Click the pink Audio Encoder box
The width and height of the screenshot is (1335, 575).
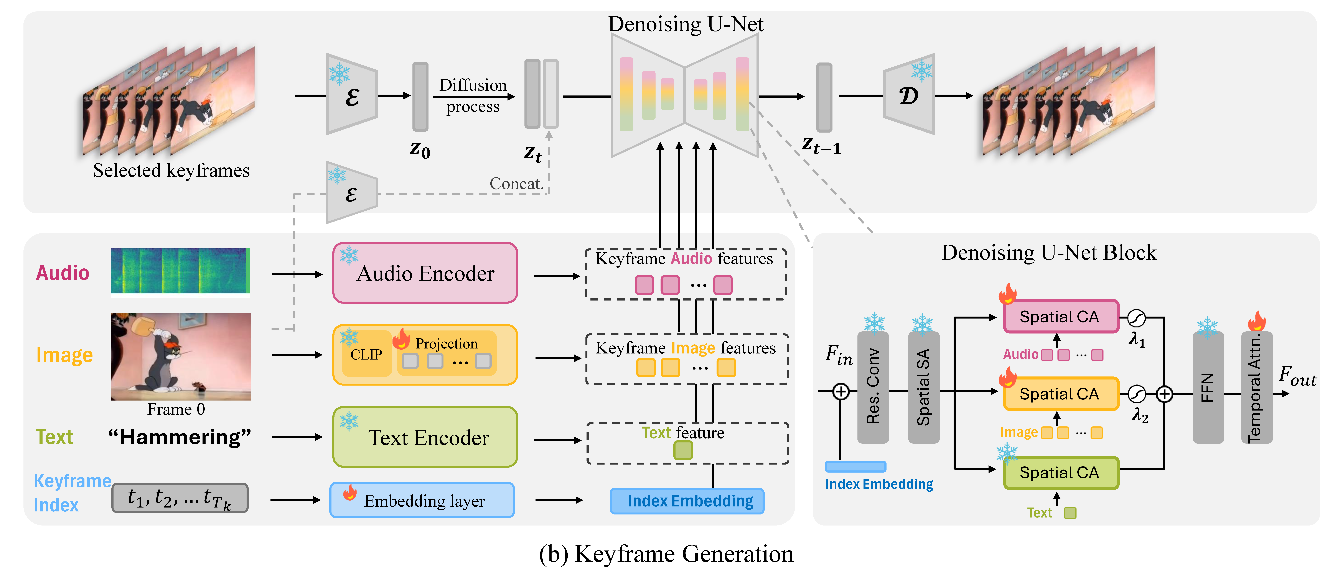(425, 273)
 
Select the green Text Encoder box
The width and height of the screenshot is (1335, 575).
(425, 437)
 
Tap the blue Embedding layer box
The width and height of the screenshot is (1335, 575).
(422, 500)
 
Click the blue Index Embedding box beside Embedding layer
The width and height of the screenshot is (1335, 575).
(687, 501)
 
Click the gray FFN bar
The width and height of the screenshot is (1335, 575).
(1208, 388)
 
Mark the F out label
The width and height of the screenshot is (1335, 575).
(1297, 376)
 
